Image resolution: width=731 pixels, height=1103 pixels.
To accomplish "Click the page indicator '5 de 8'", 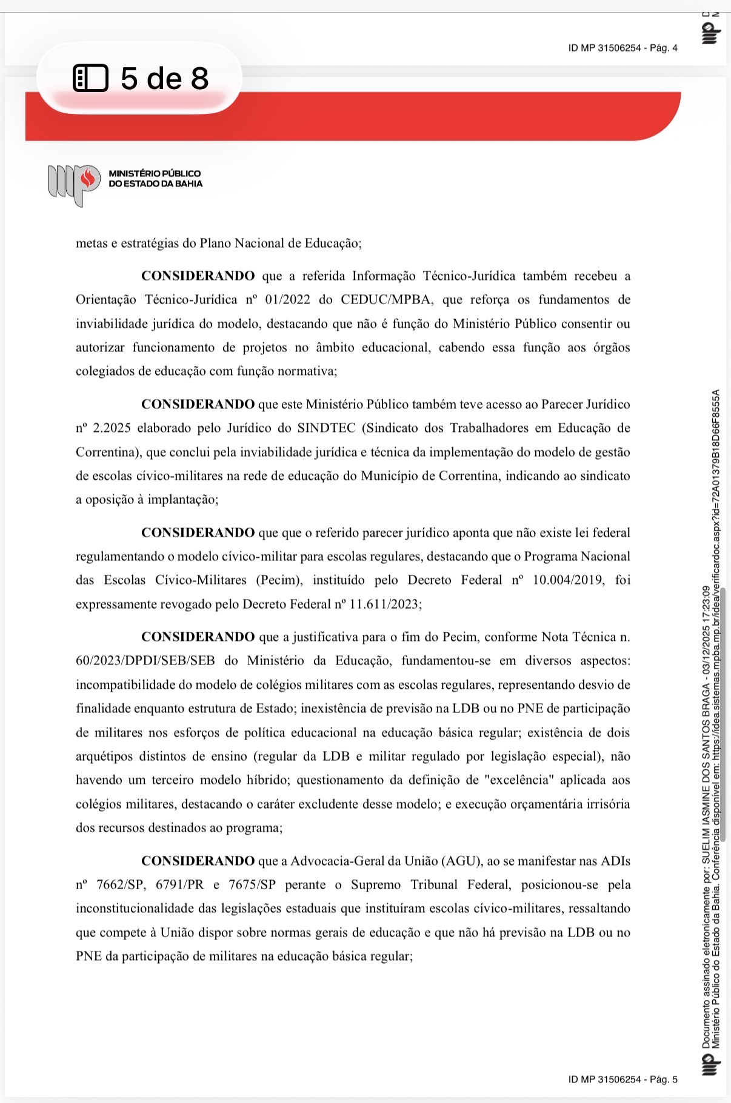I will click(164, 79).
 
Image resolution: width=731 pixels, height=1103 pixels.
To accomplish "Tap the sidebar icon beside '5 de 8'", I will click(90, 78).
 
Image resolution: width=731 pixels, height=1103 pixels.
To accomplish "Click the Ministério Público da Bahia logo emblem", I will click(73, 184).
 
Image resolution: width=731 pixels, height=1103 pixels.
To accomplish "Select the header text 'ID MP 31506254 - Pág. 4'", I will click(623, 48).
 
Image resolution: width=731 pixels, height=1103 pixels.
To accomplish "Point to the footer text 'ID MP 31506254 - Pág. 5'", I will click(623, 1079).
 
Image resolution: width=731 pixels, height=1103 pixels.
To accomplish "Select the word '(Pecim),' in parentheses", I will click(279, 580).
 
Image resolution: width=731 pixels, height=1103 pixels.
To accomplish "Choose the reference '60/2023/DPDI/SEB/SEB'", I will click(145, 661).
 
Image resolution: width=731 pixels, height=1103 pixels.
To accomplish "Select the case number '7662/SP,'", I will click(121, 885).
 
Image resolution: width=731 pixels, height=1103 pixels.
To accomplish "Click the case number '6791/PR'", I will click(180, 885).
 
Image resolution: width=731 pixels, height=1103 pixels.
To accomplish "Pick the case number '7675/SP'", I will click(252, 885).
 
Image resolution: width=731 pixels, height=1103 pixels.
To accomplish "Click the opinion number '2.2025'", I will click(112, 428).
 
